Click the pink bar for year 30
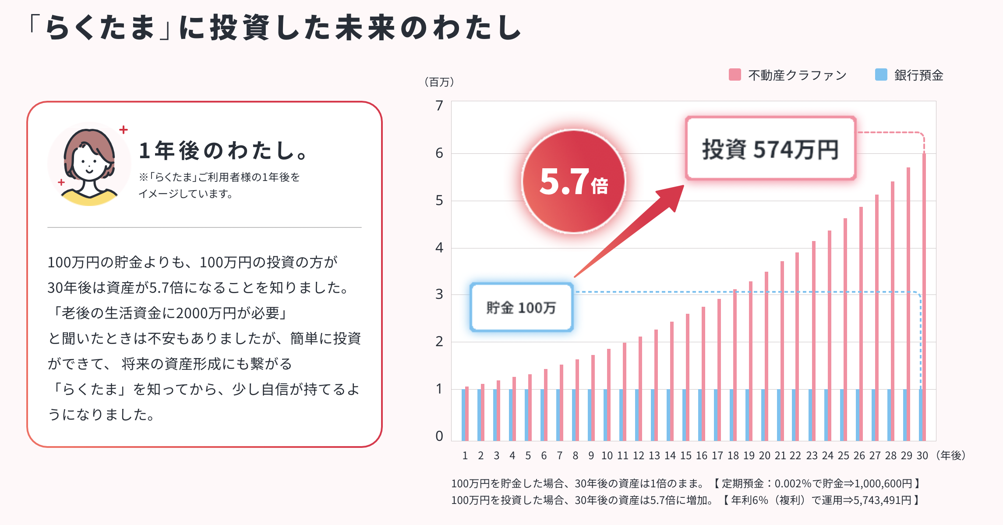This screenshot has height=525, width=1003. (924, 298)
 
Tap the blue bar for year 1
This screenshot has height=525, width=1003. (463, 415)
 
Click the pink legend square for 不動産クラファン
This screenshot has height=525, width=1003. (735, 74)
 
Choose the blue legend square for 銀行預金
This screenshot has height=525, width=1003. (881, 74)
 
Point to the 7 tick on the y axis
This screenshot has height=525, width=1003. (439, 106)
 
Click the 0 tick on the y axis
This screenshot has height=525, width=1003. (439, 436)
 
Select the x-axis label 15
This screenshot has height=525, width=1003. (686, 456)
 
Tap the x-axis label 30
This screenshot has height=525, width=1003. (922, 456)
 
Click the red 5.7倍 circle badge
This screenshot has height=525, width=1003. (574, 181)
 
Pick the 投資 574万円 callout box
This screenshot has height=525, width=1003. (770, 149)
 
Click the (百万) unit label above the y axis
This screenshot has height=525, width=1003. (439, 82)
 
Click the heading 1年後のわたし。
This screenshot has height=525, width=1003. (224, 151)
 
